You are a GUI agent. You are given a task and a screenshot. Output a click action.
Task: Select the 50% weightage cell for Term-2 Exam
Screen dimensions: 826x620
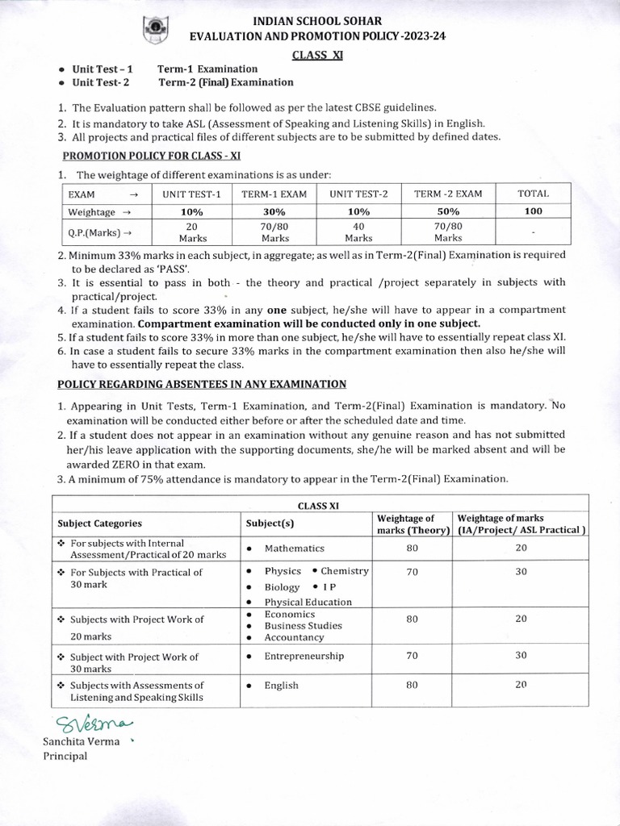coord(448,211)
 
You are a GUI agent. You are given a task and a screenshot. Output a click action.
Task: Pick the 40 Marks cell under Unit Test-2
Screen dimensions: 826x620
coord(358,232)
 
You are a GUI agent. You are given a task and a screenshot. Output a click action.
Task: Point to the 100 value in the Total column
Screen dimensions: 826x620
coord(533,211)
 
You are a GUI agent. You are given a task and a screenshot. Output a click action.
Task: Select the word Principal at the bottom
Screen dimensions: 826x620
coord(65,756)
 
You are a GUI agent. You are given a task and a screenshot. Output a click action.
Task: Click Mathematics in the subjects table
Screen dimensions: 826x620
coord(294,549)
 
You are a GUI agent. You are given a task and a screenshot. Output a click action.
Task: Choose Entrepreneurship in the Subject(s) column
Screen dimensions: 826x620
coord(304,656)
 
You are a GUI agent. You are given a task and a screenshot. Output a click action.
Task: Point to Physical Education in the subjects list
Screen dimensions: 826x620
coord(308,602)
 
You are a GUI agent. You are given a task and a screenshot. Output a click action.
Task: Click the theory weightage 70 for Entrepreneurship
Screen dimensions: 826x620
coord(412,655)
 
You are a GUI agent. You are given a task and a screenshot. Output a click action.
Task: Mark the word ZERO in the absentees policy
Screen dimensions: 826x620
coord(145,465)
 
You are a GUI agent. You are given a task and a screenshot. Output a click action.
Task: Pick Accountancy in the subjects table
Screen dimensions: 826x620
coord(295,637)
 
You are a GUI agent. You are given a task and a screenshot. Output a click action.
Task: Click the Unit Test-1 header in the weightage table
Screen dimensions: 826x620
coord(191,194)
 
